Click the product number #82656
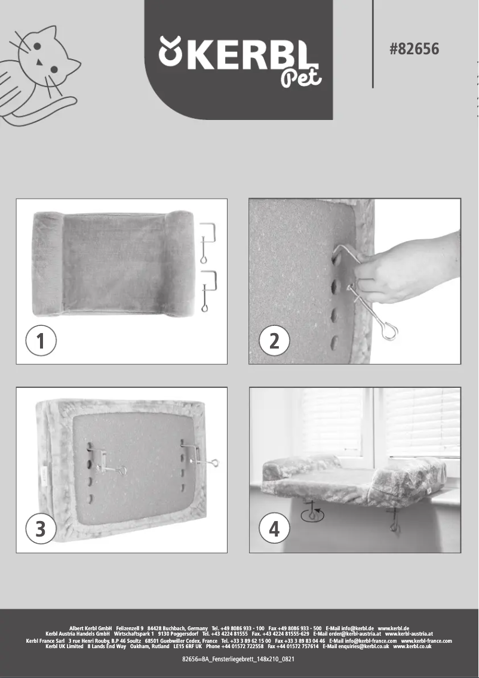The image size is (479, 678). point(414,49)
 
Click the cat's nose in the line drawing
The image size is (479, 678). point(39,62)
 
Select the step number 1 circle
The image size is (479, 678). point(41,342)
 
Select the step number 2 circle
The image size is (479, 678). point(274,342)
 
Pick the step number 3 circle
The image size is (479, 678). point(41,529)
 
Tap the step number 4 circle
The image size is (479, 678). point(274,529)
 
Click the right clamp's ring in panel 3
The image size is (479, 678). point(213,463)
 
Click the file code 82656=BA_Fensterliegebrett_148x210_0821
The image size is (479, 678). point(239,659)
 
